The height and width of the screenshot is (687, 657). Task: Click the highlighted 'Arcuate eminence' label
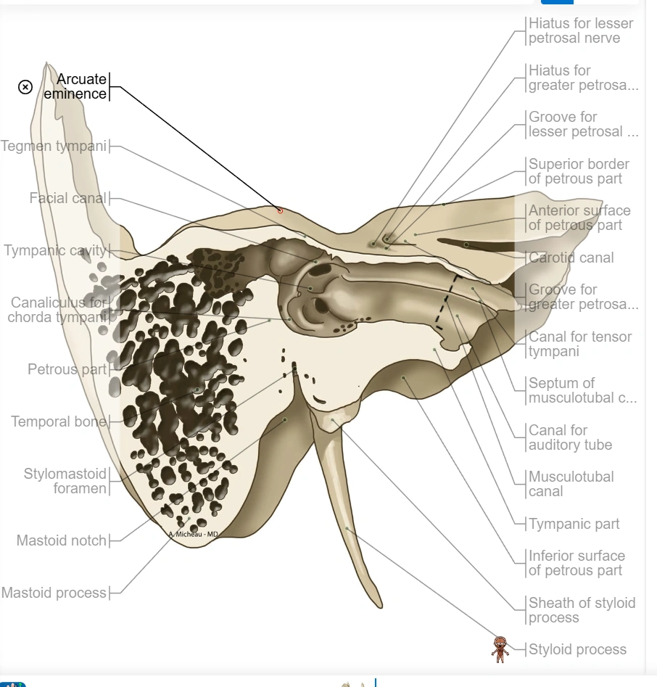tap(75, 86)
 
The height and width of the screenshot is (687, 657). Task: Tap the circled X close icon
tap(25, 87)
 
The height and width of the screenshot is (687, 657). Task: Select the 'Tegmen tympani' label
tap(54, 146)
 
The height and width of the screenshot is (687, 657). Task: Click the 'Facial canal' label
tap(68, 198)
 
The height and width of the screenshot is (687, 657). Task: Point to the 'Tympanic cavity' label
tap(56, 251)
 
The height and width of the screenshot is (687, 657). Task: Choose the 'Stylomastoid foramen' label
tap(65, 481)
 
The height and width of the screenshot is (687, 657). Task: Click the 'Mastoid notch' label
tap(62, 540)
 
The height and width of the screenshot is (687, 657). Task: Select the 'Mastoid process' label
tap(54, 593)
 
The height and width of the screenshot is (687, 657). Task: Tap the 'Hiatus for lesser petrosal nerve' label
tap(580, 30)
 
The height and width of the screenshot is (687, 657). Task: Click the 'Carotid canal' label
tap(571, 258)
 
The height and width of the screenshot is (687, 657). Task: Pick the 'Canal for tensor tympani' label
tap(579, 344)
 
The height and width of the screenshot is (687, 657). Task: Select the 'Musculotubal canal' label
tap(571, 484)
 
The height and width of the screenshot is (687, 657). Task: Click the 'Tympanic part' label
tap(574, 524)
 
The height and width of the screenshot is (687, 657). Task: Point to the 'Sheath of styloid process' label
tap(582, 610)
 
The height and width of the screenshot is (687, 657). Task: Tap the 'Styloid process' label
tap(577, 649)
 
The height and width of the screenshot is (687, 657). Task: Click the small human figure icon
tap(500, 649)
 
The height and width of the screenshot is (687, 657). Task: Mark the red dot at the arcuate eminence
tap(280, 210)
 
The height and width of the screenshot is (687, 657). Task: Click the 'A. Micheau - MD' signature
tap(193, 534)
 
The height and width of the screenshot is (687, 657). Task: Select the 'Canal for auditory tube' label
tap(570, 437)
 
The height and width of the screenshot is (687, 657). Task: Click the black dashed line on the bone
tap(447, 301)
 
